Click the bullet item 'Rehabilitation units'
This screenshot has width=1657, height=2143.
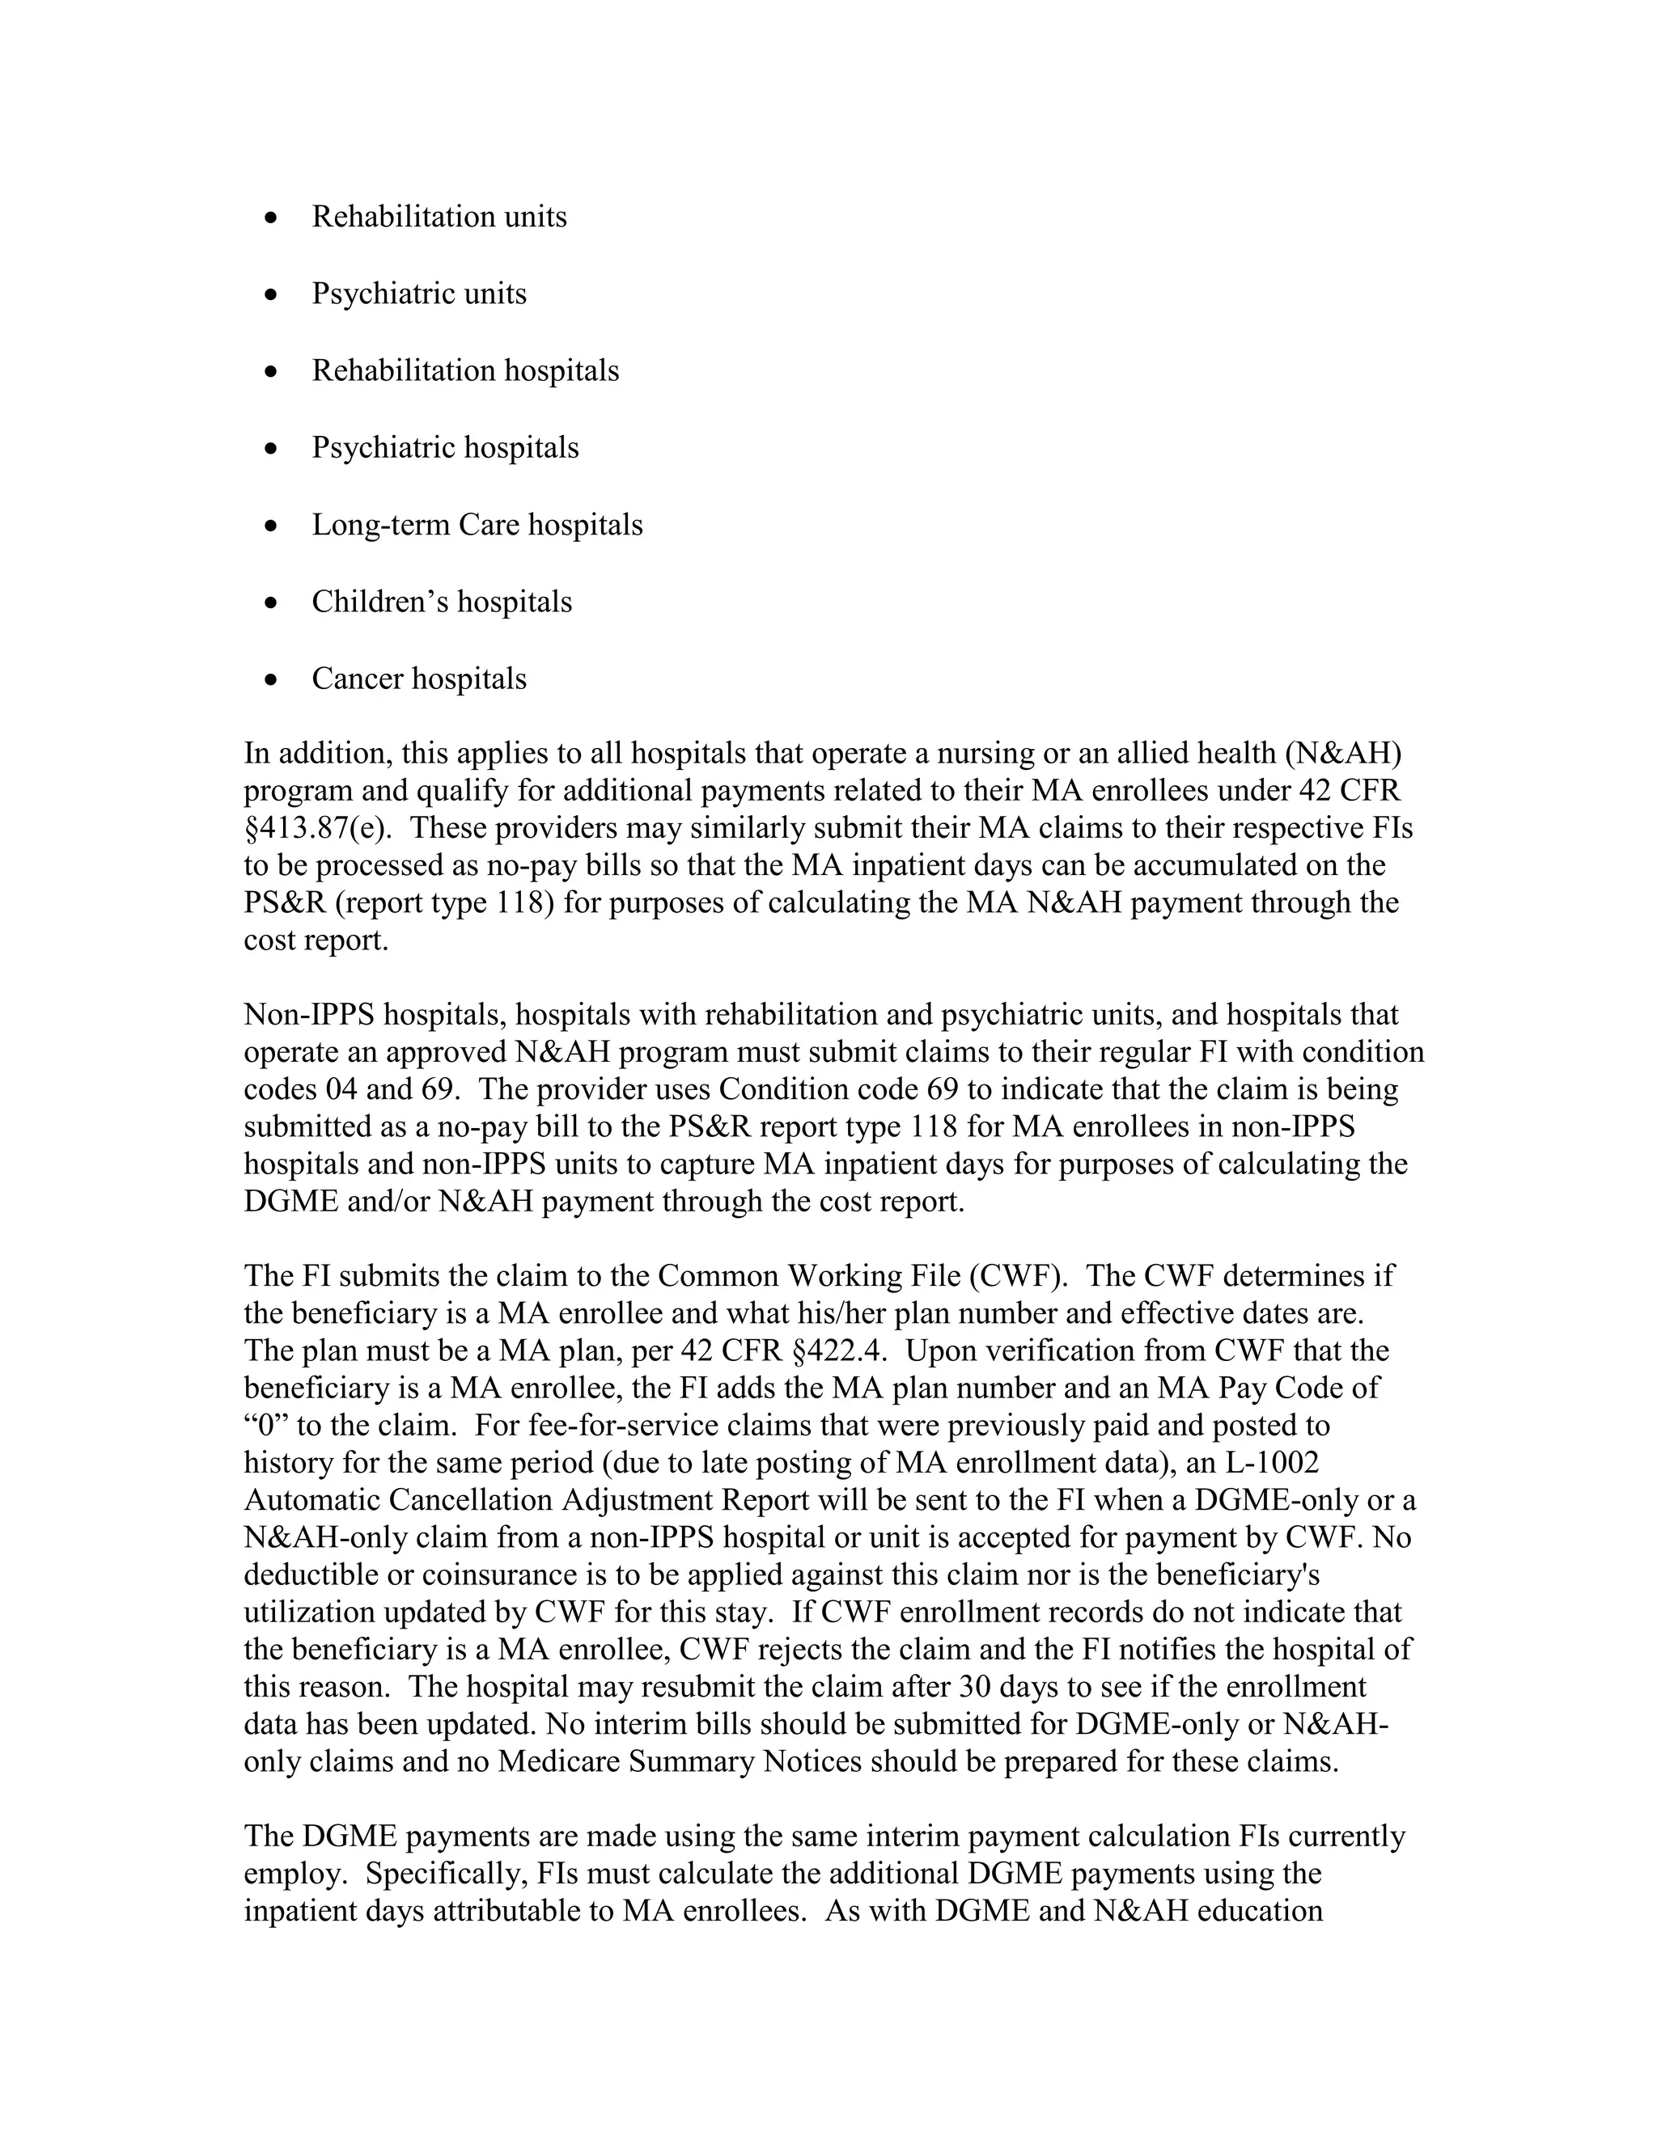coord(439,217)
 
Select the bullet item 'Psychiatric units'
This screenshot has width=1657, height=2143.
coord(419,294)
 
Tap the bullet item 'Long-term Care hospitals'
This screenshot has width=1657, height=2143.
coord(477,525)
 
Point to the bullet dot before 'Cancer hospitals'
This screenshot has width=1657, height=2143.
coord(272,680)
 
